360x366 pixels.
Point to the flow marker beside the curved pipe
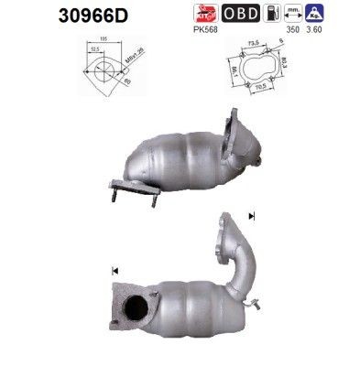(x=251, y=217)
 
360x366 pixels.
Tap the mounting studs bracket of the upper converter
(x=124, y=188)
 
